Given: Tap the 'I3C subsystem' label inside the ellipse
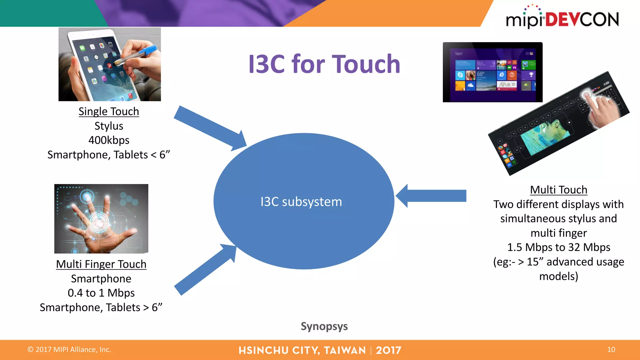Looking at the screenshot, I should (301, 202).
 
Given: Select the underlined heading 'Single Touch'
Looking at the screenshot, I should (108, 112).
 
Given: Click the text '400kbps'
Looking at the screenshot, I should (108, 140).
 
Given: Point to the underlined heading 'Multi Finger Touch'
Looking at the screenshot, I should (101, 264).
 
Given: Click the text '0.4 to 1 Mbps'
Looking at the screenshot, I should (101, 293).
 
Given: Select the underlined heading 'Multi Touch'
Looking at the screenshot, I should (558, 190).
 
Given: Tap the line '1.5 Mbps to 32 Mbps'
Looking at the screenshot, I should (558, 247).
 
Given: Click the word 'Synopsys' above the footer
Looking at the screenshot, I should (324, 326).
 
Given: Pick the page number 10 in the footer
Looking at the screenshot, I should (611, 350).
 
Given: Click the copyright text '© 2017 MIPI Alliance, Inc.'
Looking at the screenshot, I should (69, 350).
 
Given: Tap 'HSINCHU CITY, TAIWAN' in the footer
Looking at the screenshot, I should (302, 350).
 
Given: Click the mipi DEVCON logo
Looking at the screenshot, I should (562, 18).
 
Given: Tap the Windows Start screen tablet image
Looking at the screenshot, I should (492, 72).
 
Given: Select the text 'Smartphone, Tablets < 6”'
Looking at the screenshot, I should (108, 155).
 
